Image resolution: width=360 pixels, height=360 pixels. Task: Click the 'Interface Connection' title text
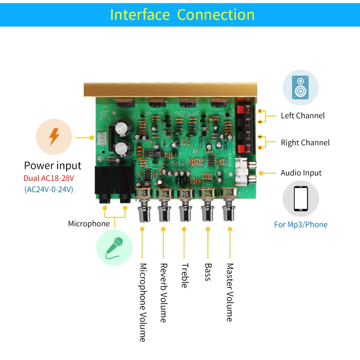click(x=182, y=14)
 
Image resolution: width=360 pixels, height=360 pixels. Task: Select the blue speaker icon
click(x=300, y=87)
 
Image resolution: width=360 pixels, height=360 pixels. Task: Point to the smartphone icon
click(x=300, y=198)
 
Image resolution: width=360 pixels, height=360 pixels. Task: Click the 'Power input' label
click(x=53, y=166)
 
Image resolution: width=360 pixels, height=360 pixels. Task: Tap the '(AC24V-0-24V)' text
click(x=49, y=189)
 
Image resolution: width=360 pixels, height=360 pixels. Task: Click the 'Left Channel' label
click(x=302, y=116)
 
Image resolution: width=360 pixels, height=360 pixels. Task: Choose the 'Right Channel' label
click(x=305, y=143)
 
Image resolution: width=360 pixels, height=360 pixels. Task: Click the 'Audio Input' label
click(x=301, y=173)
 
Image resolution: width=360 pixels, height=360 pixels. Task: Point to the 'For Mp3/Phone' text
click(x=301, y=224)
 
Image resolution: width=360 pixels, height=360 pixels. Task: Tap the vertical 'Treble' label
click(x=184, y=275)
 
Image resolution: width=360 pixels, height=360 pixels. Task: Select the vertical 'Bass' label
click(x=207, y=272)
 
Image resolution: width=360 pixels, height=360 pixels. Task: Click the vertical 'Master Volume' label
click(x=229, y=292)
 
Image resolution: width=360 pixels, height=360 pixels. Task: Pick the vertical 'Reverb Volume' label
click(x=163, y=293)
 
